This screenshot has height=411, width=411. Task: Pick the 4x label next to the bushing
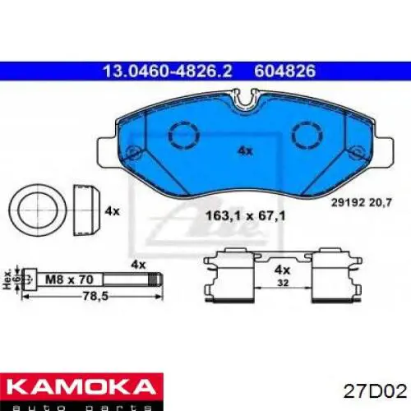(x=113, y=210)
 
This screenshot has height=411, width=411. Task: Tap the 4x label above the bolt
(x=139, y=265)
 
